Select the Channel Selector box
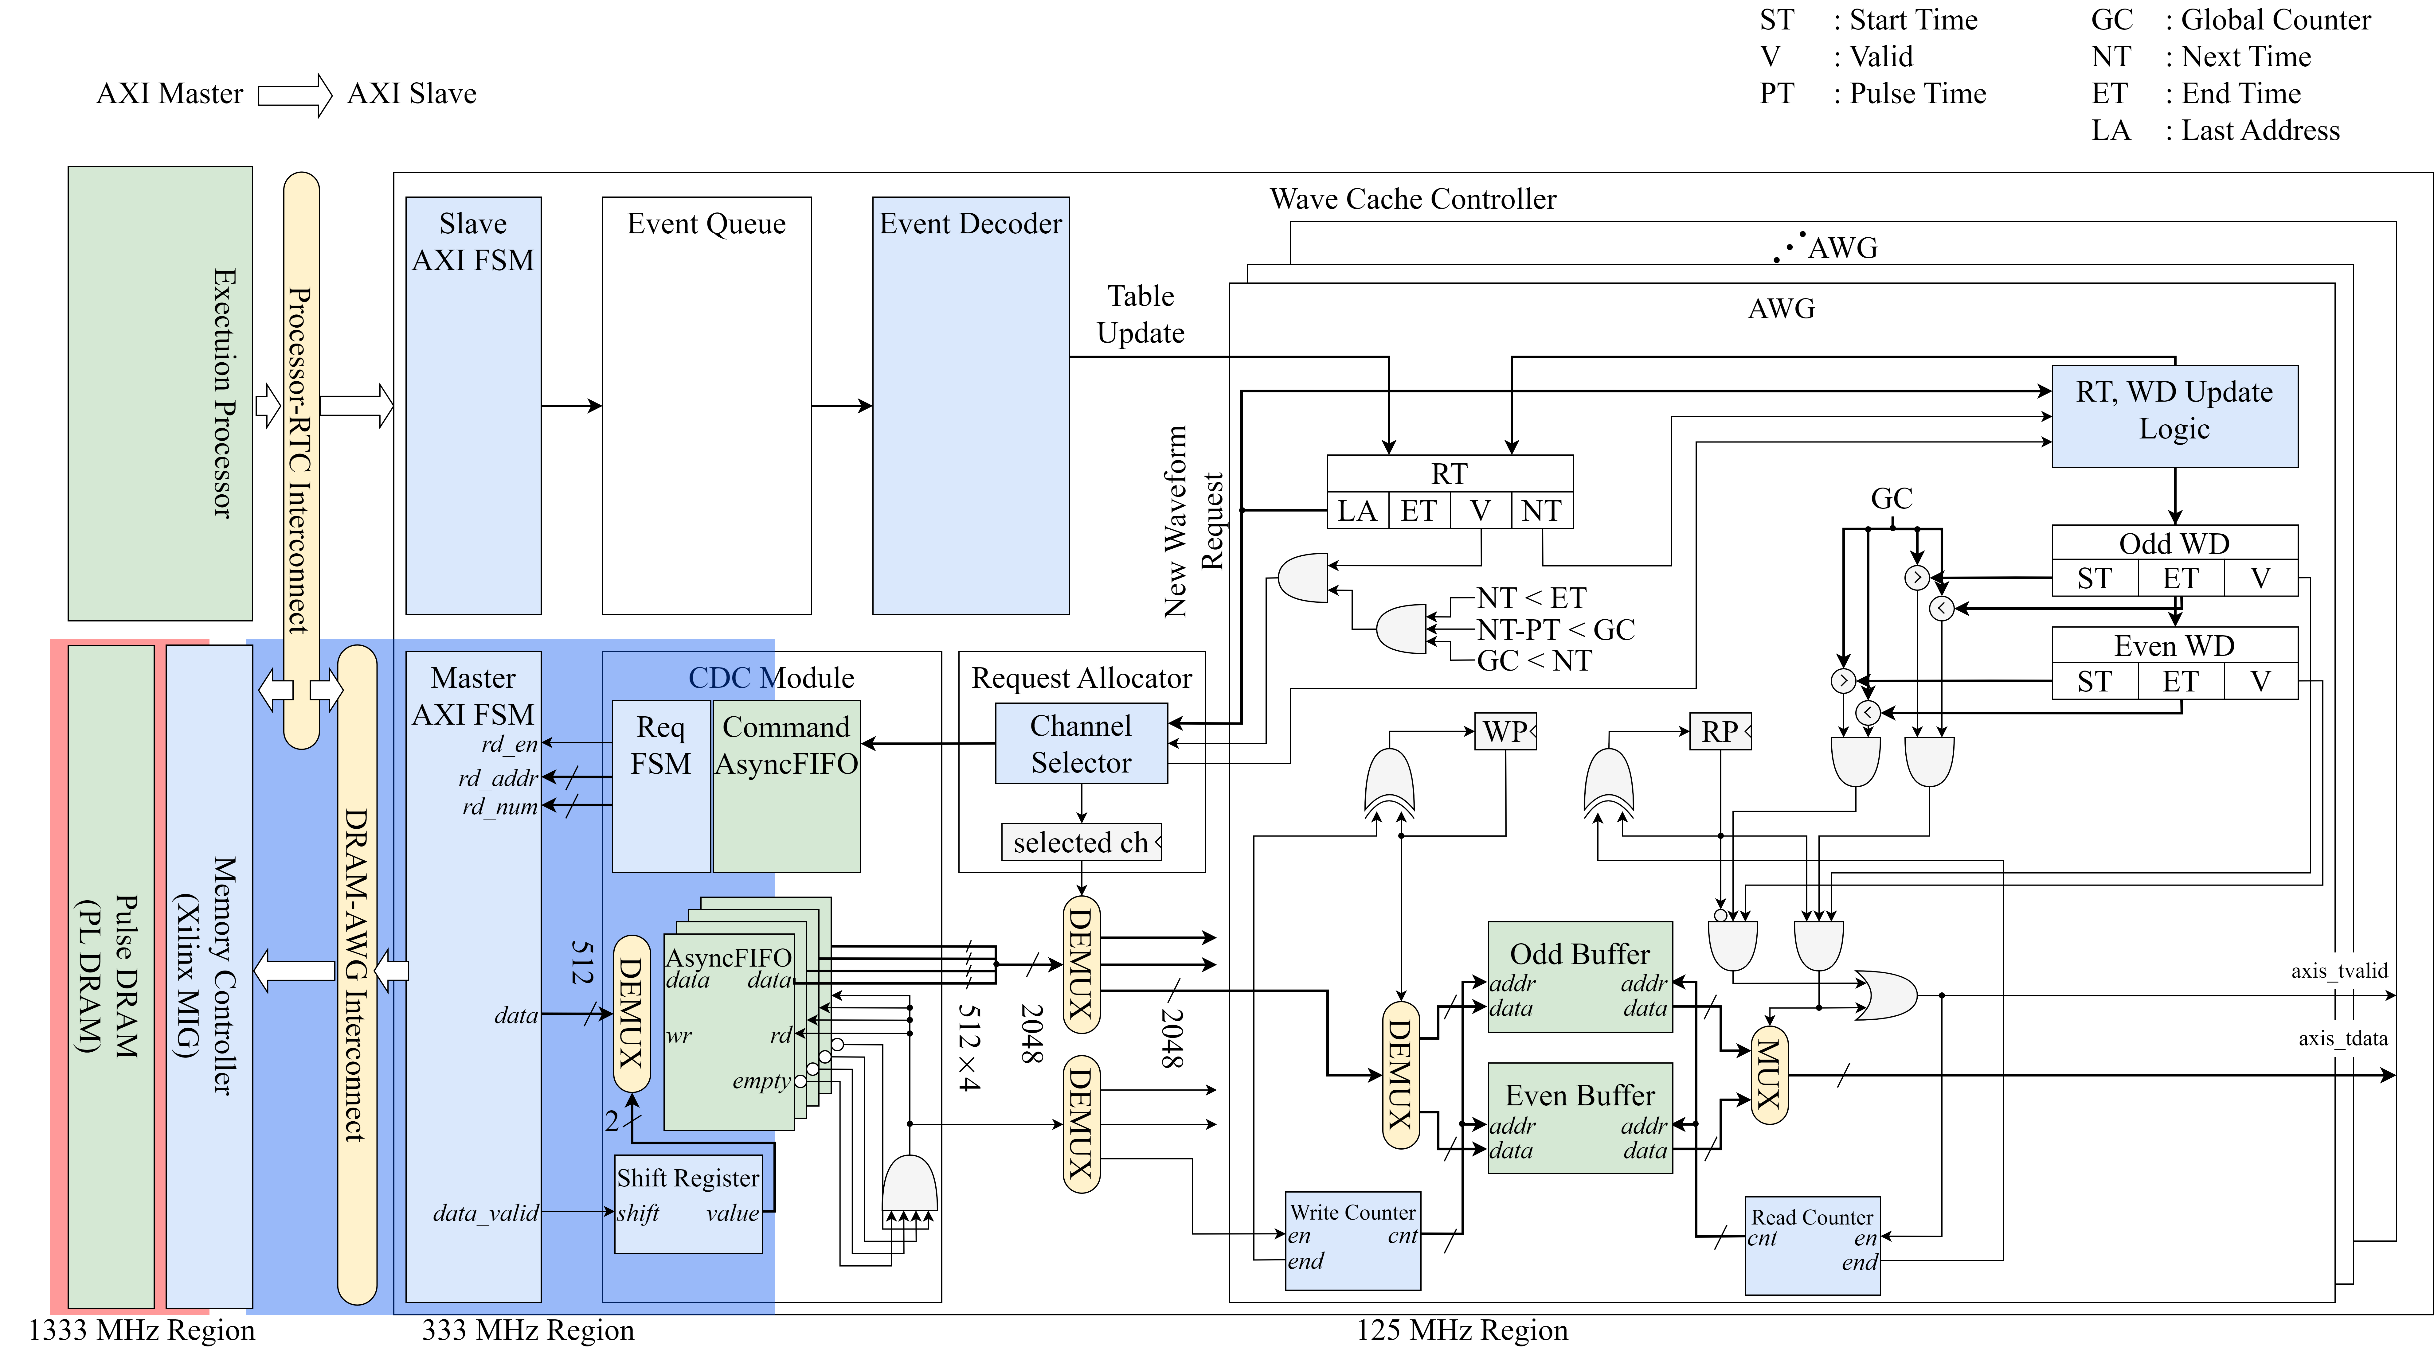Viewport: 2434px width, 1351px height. [1081, 744]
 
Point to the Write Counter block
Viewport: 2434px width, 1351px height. [1353, 1240]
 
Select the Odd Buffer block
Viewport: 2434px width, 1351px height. [1580, 977]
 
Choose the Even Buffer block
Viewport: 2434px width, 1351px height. [1580, 1118]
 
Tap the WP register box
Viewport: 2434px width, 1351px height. [1505, 731]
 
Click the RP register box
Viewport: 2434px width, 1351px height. [1720, 731]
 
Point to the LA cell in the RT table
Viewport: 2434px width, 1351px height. [1357, 511]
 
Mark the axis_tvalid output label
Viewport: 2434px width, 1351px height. [2338, 970]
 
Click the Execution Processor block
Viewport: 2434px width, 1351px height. [160, 393]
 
